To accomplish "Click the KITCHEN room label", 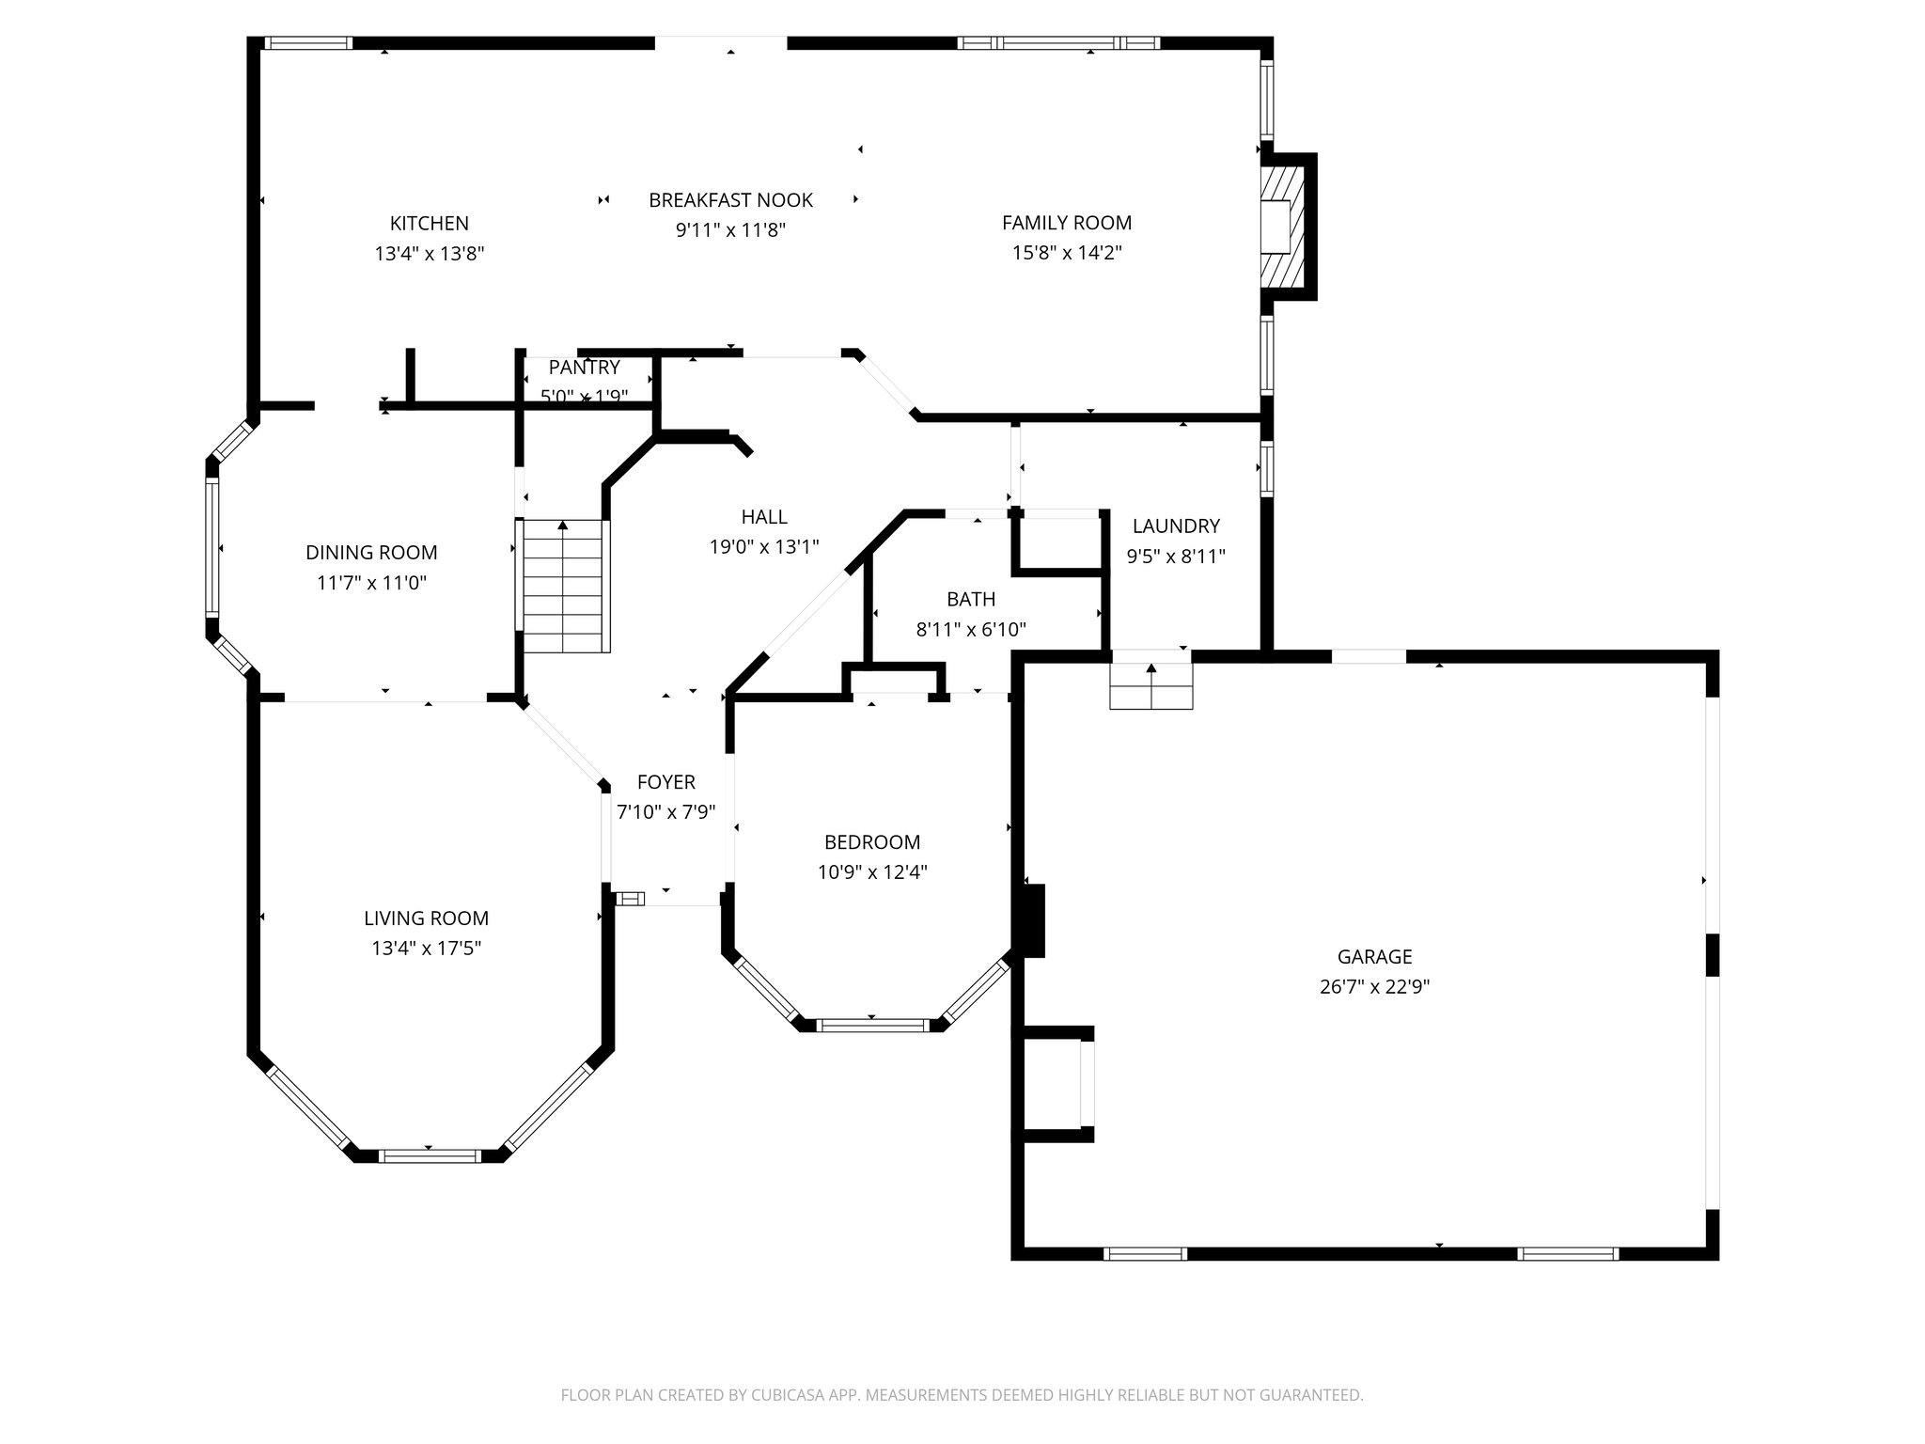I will tap(429, 223).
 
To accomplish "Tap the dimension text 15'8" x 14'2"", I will tap(1067, 253).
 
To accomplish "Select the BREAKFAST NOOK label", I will tap(730, 199).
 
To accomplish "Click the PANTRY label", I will tap(584, 367).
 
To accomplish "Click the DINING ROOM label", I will tap(371, 552).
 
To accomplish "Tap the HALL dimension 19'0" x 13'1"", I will tap(764, 546).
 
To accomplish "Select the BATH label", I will tap(971, 599).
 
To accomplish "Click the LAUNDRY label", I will tap(1176, 526).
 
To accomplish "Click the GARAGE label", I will tap(1374, 956).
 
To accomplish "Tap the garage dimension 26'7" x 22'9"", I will tap(1374, 986).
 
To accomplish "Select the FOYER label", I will tap(665, 781).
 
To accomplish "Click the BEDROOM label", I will tap(872, 841).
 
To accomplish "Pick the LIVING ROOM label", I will tap(426, 918).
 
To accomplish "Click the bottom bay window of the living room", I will tap(429, 1155).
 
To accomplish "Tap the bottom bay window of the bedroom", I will tap(872, 1025).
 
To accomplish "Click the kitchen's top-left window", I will tap(307, 42).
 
